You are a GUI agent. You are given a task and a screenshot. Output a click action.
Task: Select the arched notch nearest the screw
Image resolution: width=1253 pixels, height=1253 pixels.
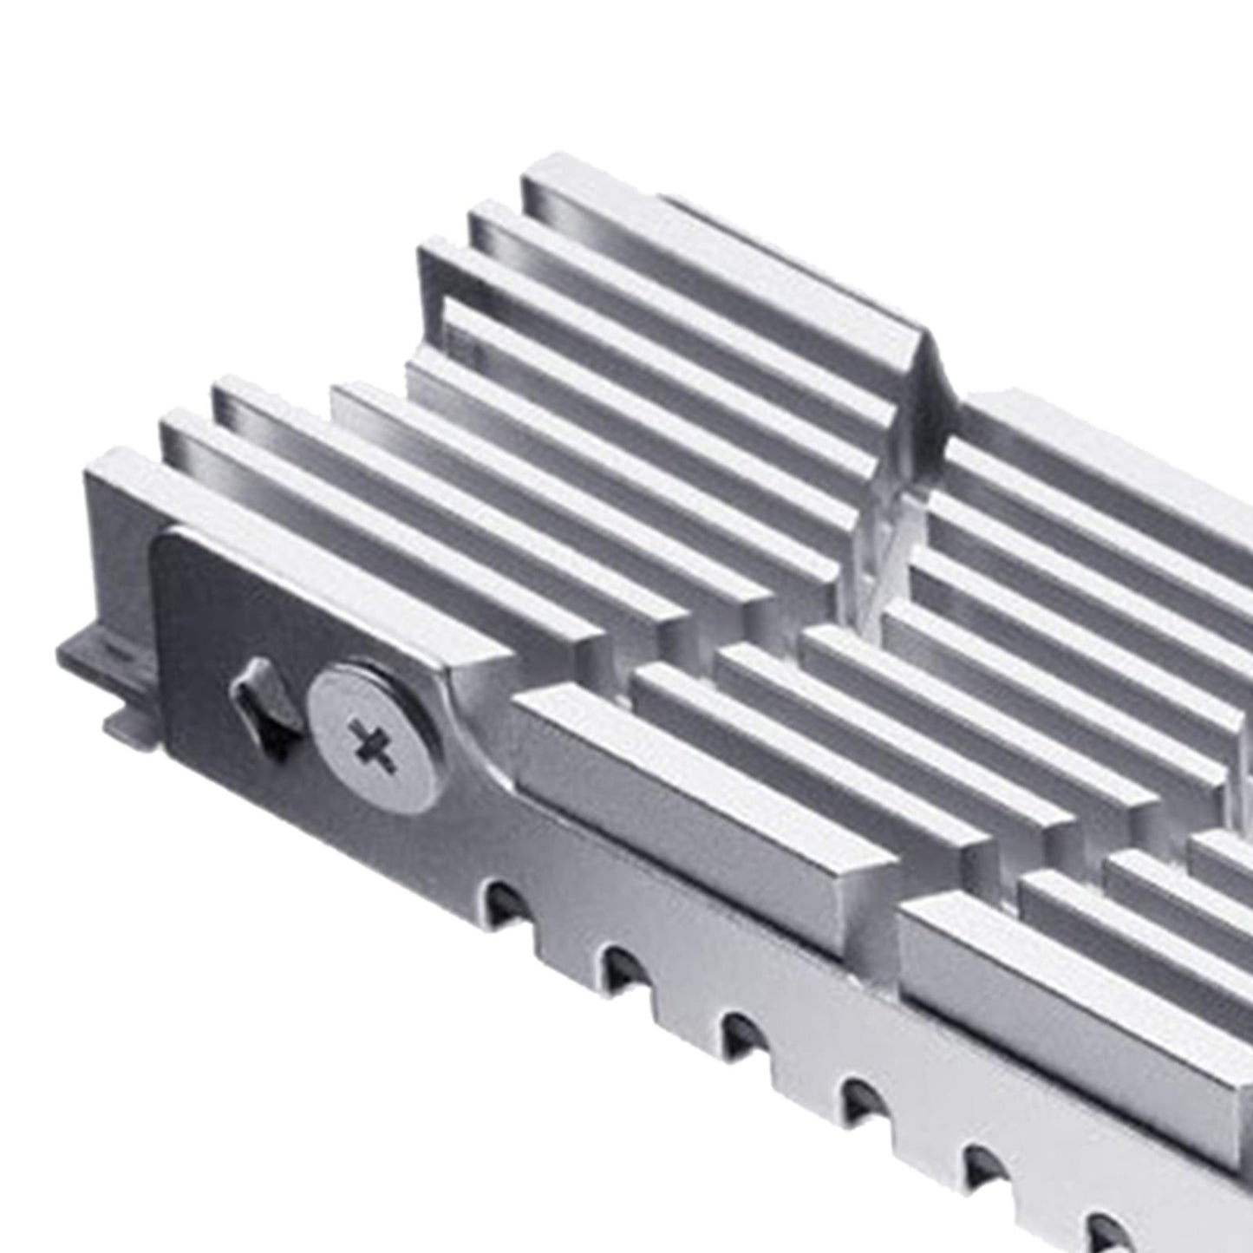point(502,901)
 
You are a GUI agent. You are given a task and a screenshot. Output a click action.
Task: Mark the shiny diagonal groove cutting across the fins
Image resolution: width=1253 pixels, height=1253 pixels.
point(876,555)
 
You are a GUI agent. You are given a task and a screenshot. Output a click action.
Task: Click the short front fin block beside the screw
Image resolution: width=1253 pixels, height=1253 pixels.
point(694,780)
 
